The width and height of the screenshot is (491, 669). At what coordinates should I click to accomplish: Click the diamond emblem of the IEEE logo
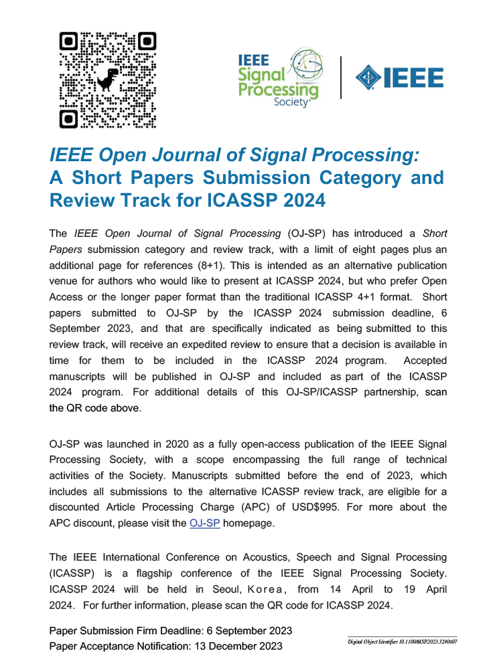(x=368, y=78)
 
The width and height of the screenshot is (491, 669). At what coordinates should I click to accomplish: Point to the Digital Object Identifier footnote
(x=402, y=642)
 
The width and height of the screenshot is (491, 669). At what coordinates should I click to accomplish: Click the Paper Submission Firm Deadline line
(x=171, y=632)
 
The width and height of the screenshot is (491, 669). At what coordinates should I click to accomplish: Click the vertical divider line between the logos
(x=341, y=78)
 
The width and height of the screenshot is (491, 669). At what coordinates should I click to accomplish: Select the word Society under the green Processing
(x=293, y=102)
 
